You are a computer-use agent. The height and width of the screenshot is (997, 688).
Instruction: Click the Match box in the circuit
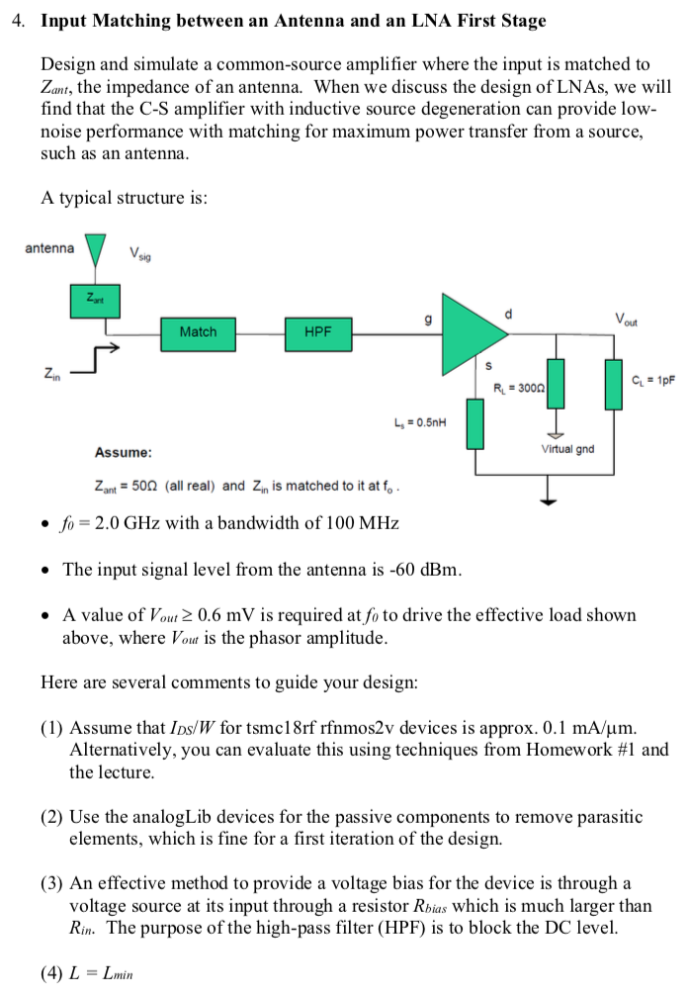pyautogui.click(x=198, y=332)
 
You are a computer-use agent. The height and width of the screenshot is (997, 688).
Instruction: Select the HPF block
pyautogui.click(x=317, y=332)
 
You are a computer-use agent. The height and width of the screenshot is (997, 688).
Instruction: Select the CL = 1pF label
pyautogui.click(x=652, y=379)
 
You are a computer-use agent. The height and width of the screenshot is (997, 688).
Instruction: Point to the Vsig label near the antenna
pyautogui.click(x=141, y=253)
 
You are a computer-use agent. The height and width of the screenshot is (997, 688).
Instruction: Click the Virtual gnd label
pyautogui.click(x=567, y=449)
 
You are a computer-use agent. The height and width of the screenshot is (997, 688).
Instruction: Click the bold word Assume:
pyautogui.click(x=124, y=452)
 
